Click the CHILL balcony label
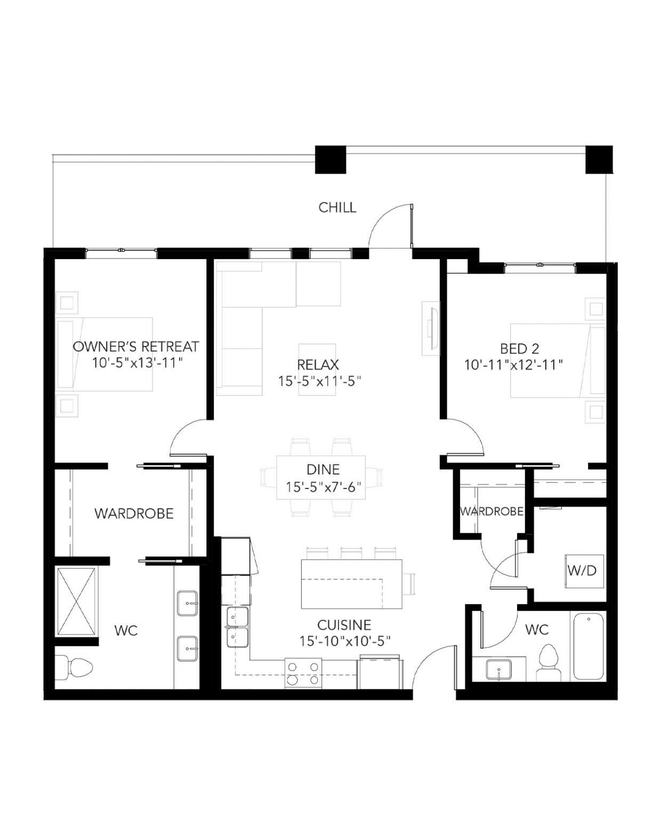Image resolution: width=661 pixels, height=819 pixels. [337, 207]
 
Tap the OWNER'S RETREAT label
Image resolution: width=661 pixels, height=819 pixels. [135, 347]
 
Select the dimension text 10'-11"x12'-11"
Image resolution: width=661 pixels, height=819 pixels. [514, 365]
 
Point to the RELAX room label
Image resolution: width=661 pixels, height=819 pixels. [318, 365]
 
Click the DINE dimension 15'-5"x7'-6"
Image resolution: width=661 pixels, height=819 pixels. [323, 487]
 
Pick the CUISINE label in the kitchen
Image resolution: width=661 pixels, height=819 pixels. [344, 625]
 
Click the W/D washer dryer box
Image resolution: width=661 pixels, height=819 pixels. [582, 571]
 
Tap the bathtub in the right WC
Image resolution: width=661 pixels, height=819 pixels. [589, 646]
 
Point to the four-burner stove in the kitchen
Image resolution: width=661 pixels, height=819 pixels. [303, 673]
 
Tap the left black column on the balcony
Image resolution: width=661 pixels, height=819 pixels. [331, 159]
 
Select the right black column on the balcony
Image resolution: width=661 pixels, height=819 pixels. [599, 159]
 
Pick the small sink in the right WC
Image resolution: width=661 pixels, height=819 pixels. [498, 670]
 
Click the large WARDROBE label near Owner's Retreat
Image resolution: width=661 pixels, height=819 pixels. [134, 513]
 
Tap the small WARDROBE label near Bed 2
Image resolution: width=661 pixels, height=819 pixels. [491, 511]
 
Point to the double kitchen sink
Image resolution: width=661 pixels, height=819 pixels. [237, 627]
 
